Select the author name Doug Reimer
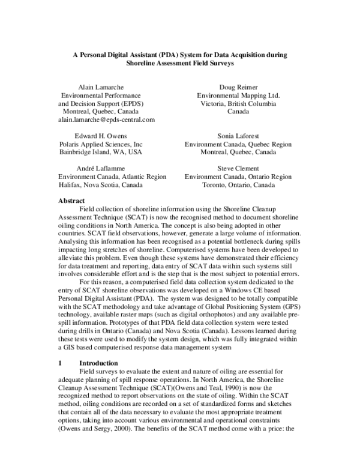coord(238,86)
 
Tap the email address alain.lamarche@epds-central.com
coord(106,120)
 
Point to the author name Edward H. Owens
coord(101,136)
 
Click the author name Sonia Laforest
coord(238,136)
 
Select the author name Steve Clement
coord(238,169)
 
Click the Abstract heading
coord(71,201)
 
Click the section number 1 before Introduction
coord(60,363)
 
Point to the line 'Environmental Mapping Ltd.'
coord(238,95)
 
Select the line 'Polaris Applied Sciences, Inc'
coord(101,145)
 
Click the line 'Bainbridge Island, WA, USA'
coord(101,153)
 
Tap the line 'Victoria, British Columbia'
coord(238,103)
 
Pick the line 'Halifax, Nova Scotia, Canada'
coord(100,185)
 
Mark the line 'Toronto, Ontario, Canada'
coord(238,185)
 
